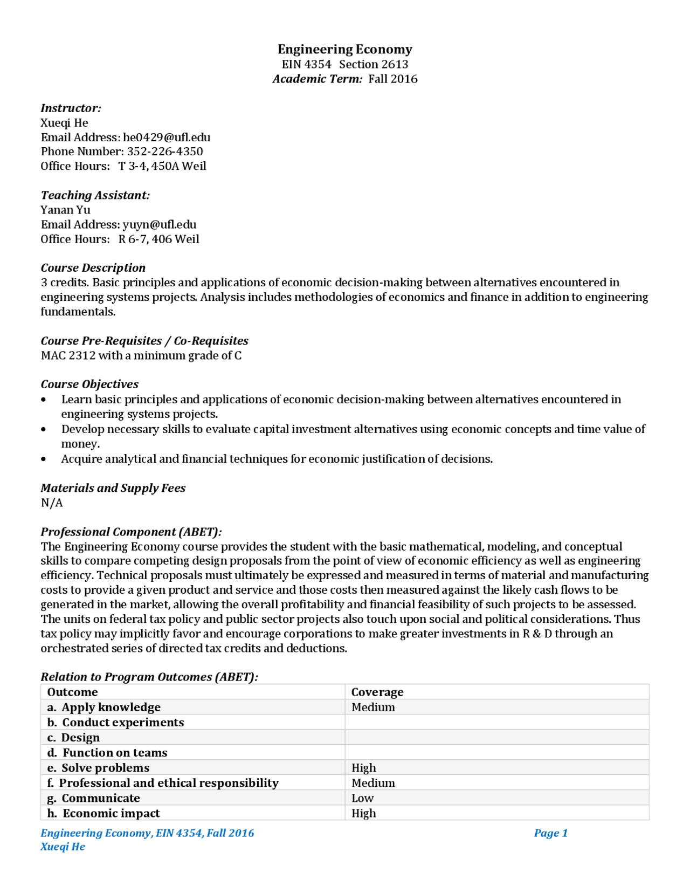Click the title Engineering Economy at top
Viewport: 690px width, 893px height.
[x=344, y=49]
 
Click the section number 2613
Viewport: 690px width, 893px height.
[x=395, y=64]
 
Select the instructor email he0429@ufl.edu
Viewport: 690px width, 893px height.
[x=167, y=137]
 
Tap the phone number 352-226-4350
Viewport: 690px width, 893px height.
[x=165, y=152]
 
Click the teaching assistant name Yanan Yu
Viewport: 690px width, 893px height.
[x=65, y=210]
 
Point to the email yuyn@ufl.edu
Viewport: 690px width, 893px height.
[x=160, y=224]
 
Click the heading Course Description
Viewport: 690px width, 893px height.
[x=93, y=268]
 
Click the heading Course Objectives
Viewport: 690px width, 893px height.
[x=89, y=384]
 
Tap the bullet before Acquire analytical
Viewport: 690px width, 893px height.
[x=44, y=459]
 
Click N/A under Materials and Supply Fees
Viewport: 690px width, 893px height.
[x=52, y=503]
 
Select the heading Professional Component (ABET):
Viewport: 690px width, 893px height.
[x=131, y=532]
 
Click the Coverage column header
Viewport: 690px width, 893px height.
[x=377, y=692]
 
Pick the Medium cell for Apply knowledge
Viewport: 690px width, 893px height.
[x=373, y=707]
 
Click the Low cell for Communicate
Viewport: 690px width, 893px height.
[x=362, y=798]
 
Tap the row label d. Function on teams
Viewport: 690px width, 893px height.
[x=107, y=753]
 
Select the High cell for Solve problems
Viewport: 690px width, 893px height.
[x=363, y=768]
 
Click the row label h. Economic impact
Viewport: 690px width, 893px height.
[x=103, y=813]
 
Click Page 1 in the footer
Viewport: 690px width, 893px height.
[x=550, y=833]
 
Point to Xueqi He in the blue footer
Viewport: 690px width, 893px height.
[x=63, y=847]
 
